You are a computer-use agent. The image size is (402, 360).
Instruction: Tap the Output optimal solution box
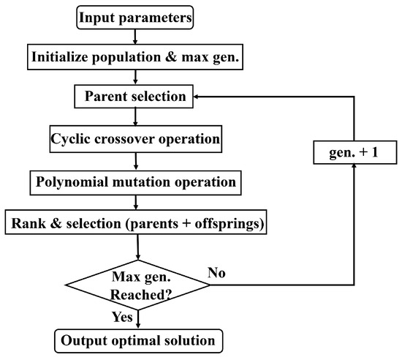point(137,341)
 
